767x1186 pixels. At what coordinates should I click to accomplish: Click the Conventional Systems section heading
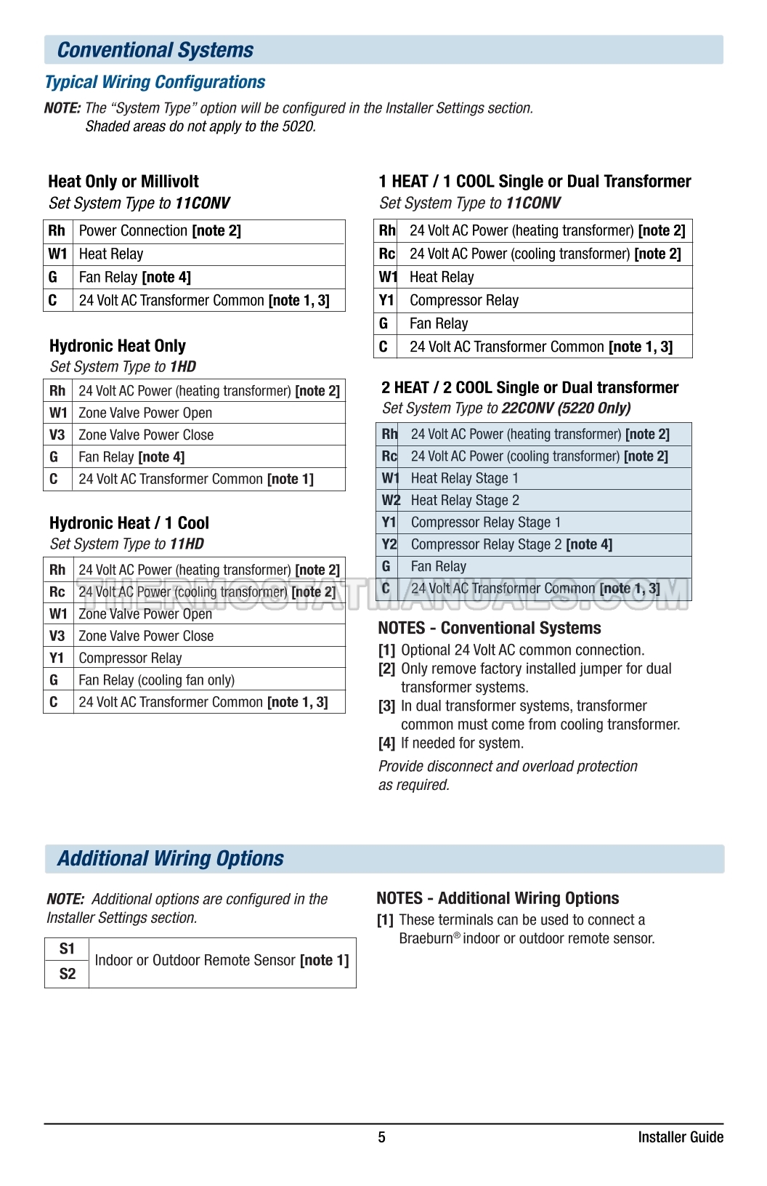click(x=155, y=50)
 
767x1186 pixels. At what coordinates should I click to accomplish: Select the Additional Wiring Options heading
click(x=171, y=859)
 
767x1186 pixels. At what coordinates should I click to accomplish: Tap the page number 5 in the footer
click(x=382, y=1137)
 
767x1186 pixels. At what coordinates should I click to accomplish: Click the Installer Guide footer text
click(x=681, y=1137)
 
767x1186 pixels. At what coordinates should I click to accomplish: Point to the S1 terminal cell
click(x=67, y=949)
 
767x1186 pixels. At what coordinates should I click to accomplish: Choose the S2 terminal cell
click(x=67, y=974)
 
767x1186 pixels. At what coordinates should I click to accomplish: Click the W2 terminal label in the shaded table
click(x=391, y=501)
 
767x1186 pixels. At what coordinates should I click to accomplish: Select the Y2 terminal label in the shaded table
click(x=389, y=544)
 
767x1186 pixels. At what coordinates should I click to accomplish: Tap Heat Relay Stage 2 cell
click(x=465, y=501)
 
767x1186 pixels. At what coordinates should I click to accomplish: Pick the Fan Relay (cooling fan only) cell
click(x=157, y=680)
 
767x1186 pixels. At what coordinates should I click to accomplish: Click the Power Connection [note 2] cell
click(x=160, y=231)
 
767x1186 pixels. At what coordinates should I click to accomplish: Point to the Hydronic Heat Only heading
click(x=118, y=346)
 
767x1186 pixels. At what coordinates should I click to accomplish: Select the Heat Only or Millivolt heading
click(x=123, y=182)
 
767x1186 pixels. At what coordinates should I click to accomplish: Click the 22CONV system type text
click(x=528, y=408)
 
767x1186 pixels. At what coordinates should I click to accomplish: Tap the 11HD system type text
click(x=187, y=544)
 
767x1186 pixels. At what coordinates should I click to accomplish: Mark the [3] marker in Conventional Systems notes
click(x=386, y=706)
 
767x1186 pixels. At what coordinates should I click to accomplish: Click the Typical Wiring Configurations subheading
click(x=155, y=82)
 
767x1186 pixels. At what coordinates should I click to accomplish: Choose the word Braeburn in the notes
click(x=426, y=939)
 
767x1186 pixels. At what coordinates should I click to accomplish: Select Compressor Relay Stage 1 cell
click(x=486, y=523)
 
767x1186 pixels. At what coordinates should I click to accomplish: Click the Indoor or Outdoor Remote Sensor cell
click(x=222, y=961)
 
